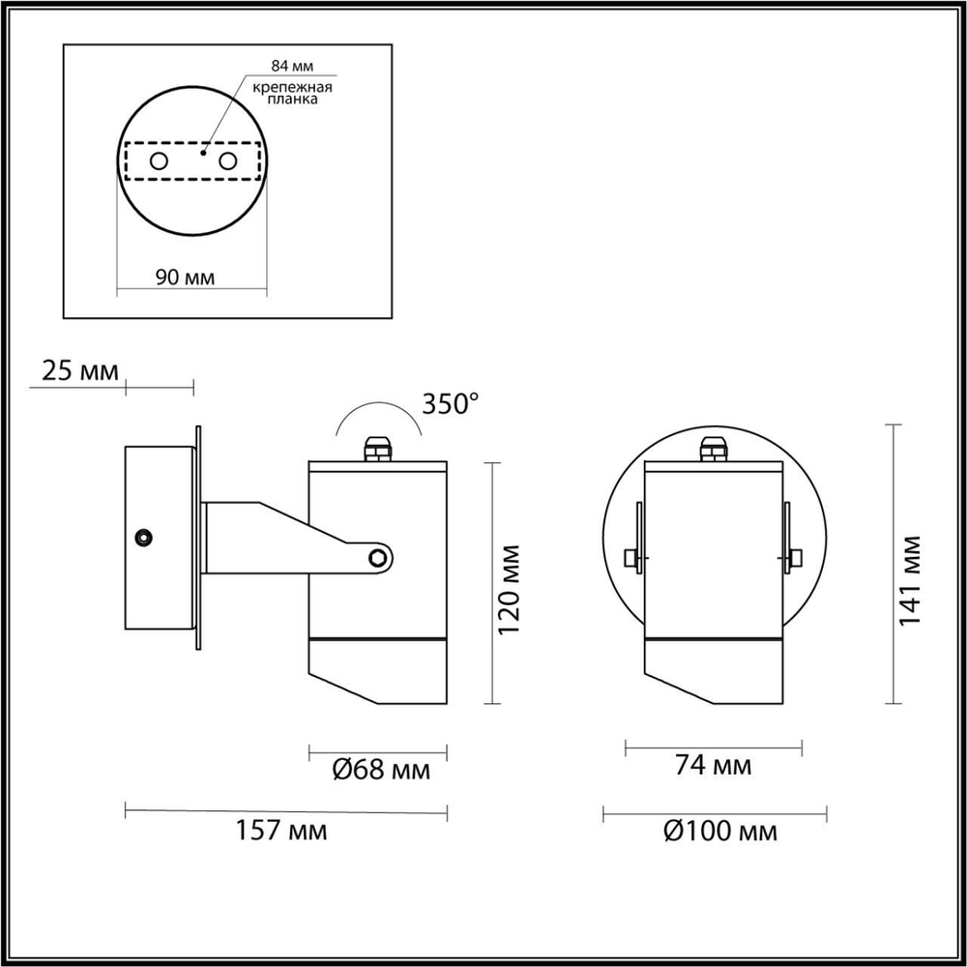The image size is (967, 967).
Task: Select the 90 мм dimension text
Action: click(185, 278)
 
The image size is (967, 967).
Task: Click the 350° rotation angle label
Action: click(452, 403)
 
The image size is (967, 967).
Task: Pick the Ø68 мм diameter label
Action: click(380, 771)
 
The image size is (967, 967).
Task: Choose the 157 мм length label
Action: click(282, 830)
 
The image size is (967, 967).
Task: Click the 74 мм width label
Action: click(713, 767)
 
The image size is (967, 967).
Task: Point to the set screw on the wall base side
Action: click(144, 536)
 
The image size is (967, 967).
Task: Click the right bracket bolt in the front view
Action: click(794, 557)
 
